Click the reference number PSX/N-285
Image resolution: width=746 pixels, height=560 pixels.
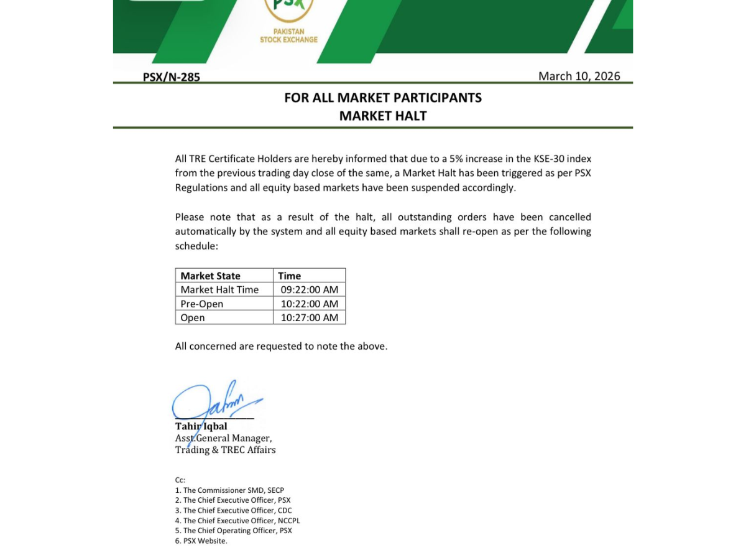172,77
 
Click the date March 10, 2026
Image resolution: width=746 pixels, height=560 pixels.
579,76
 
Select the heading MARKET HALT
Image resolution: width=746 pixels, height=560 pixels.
383,116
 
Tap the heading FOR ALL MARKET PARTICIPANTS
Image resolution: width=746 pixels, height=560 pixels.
383,98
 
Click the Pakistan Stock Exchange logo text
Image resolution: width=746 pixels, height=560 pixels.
288,35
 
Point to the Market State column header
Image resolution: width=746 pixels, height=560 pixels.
210,276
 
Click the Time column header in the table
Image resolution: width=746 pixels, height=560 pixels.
290,276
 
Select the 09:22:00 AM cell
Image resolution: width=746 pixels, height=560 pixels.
310,289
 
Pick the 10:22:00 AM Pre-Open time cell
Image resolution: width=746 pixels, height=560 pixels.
310,304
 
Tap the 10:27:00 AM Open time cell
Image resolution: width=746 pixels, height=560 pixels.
310,317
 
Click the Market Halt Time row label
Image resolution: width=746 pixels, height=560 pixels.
219,289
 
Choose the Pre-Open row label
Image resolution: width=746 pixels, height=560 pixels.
201,304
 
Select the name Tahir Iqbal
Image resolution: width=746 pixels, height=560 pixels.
201,426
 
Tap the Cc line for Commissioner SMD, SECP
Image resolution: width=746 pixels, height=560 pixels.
229,490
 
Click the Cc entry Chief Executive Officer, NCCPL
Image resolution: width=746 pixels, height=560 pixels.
237,520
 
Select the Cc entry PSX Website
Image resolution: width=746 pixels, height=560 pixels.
201,541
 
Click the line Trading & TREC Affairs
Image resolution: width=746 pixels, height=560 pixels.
225,450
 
